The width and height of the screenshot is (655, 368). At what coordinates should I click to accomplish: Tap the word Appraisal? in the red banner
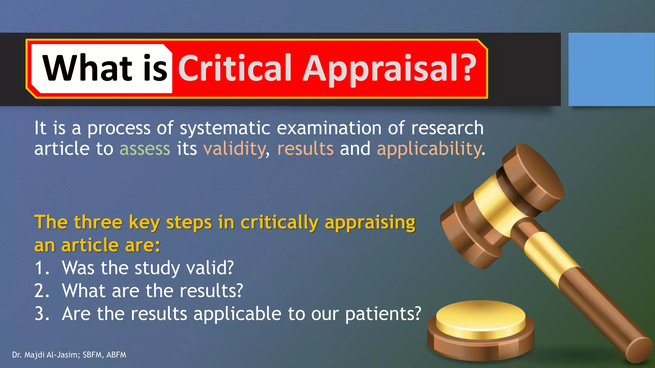tap(390, 68)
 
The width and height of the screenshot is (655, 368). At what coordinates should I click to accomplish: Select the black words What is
tap(105, 68)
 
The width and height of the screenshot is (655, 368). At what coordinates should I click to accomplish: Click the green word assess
tap(145, 149)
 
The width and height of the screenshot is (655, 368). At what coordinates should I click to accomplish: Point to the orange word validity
tap(234, 149)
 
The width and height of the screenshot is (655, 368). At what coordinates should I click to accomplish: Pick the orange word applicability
tap(429, 149)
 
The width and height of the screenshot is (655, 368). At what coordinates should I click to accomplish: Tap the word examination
tap(329, 128)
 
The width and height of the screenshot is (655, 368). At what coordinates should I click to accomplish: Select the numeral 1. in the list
tap(42, 268)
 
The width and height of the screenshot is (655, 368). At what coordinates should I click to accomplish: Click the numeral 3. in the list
tap(42, 314)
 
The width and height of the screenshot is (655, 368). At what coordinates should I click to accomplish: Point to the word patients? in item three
tap(383, 314)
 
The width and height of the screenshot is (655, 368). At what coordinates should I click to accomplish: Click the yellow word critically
tap(280, 222)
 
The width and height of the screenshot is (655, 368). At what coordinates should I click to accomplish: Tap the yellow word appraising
tap(370, 222)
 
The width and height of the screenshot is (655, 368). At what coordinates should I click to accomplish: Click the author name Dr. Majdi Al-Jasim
tap(46, 355)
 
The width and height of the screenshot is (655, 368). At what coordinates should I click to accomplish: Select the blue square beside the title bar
tap(611, 69)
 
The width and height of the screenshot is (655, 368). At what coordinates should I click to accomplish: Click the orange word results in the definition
tap(305, 149)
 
